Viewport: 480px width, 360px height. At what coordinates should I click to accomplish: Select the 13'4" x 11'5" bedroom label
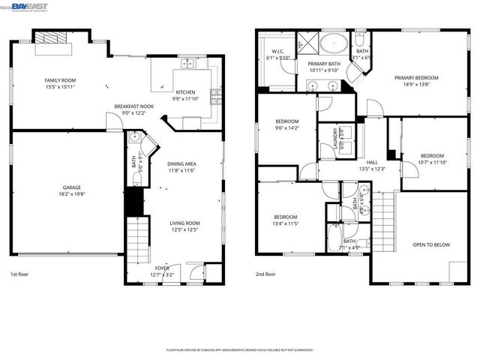click(286, 220)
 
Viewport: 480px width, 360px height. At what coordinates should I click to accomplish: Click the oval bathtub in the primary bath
click(333, 42)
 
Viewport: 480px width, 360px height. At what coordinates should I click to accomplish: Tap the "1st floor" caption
click(20, 274)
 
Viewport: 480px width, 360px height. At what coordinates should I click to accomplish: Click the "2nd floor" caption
click(266, 274)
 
